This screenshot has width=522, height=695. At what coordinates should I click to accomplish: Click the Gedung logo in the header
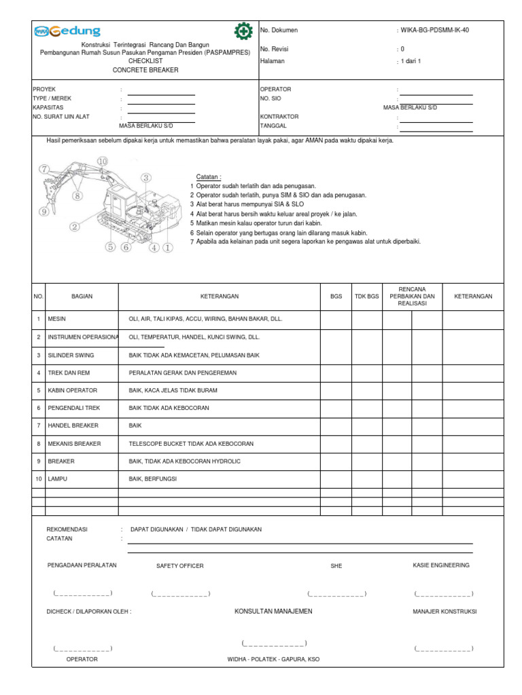click(x=67, y=31)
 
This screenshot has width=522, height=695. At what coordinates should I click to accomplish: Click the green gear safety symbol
click(x=242, y=31)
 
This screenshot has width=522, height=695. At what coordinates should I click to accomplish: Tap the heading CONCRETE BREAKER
click(x=145, y=70)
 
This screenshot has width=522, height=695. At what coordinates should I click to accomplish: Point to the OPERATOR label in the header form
click(x=275, y=89)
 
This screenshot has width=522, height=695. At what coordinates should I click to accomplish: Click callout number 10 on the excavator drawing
click(x=102, y=161)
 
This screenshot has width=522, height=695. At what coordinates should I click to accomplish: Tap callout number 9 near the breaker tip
click(x=44, y=212)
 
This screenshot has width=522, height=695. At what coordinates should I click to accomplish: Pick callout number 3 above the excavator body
click(x=145, y=178)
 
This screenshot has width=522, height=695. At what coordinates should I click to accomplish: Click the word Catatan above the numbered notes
click(x=209, y=176)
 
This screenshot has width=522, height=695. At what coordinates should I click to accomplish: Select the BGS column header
click(x=336, y=297)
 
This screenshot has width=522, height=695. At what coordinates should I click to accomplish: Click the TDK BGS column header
click(x=366, y=297)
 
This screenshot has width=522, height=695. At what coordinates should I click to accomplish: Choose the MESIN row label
click(x=56, y=319)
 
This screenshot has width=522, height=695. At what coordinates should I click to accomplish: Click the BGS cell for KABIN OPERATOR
click(x=336, y=390)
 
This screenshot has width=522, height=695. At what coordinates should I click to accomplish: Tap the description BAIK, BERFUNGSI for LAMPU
click(x=154, y=478)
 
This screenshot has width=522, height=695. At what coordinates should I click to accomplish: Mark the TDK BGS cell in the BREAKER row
click(x=366, y=461)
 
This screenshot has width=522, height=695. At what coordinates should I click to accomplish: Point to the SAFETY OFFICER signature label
click(x=179, y=565)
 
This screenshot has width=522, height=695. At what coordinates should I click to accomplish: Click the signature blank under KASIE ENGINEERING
click(x=443, y=594)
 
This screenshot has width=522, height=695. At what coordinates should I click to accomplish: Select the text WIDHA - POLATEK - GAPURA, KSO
click(x=273, y=659)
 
